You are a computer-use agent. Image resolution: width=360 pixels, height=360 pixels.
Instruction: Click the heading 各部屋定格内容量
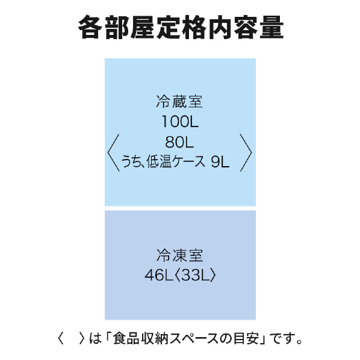[181, 28]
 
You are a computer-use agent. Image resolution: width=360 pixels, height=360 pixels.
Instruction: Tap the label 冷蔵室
[179, 102]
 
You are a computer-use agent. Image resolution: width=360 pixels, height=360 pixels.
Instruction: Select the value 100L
[180, 122]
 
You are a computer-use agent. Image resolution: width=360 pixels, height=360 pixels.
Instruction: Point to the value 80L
[179, 142]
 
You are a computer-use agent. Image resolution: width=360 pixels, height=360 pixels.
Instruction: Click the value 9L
[220, 161]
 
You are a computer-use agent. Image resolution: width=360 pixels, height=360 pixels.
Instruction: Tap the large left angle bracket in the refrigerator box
[113, 153]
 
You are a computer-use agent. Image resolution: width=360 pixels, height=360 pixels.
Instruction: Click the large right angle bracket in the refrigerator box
[246, 153]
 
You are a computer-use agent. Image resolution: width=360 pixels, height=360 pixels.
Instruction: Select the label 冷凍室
[180, 255]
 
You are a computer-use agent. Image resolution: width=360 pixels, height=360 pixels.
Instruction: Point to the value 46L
[159, 275]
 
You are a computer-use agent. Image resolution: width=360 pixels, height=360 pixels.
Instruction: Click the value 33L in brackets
[196, 275]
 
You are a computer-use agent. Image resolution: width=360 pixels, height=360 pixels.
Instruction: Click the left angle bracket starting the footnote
[61, 338]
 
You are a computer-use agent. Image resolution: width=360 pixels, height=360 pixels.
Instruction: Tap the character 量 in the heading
[272, 28]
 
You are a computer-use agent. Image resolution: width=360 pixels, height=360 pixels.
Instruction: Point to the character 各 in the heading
[90, 28]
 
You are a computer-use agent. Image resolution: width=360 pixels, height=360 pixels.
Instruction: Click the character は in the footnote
[95, 338]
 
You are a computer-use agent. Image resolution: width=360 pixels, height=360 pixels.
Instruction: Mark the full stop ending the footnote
[299, 342]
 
